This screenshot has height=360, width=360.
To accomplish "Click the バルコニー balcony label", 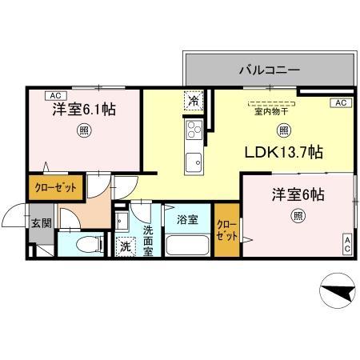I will point(269,70).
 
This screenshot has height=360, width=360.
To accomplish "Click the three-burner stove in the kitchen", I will point(194,130).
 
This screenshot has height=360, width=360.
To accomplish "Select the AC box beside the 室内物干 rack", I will point(340,102).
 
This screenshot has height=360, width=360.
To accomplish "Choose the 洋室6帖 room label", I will point(297,194).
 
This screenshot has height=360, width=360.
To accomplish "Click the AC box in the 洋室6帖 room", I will point(348,244).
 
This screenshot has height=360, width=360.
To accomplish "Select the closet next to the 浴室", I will point(226,231).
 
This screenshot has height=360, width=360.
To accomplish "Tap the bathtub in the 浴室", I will point(187,244).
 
